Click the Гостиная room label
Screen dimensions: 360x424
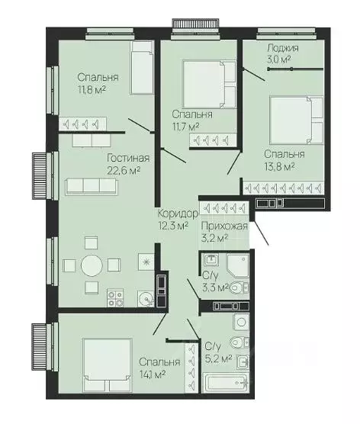(128, 158)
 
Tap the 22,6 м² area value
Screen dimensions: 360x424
(124, 170)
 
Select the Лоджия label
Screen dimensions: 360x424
(283, 48)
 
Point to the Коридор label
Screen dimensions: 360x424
(178, 214)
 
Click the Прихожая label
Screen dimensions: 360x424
(224, 226)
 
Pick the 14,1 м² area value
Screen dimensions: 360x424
(153, 374)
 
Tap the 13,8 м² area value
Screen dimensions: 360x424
(279, 166)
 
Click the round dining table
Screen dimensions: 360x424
(92, 265)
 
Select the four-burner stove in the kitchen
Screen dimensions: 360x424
(115, 298)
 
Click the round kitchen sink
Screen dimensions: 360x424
(146, 299)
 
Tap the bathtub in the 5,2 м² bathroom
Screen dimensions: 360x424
(225, 383)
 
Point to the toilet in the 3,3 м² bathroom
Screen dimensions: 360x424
(239, 287)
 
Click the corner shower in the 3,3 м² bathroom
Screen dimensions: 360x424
(238, 266)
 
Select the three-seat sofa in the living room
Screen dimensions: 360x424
(92, 186)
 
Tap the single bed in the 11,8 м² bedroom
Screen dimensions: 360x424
(142, 68)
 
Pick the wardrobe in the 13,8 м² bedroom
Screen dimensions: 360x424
(283, 188)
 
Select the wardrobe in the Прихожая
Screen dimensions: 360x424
(224, 208)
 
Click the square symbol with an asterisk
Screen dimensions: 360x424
(146, 262)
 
